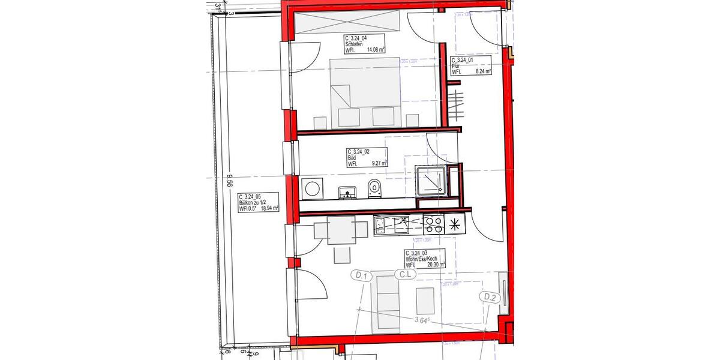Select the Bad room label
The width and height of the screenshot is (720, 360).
pos(367,157)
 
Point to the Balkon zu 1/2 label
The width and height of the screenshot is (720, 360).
pos(258,203)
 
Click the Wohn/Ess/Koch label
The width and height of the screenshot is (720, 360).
pos(425,259)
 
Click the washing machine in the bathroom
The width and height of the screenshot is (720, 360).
pos(313,188)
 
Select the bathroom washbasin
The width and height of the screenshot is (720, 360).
pos(347,191)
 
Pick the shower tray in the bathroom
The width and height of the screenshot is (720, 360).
pos(432,181)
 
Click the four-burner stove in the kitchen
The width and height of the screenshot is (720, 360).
pos(433,226)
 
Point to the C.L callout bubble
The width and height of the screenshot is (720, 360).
pos(406,275)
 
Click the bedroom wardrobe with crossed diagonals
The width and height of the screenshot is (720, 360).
pos(347,23)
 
